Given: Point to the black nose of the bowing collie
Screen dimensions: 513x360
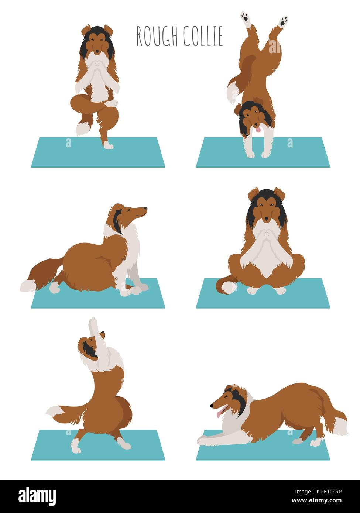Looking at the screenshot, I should tap(212, 406).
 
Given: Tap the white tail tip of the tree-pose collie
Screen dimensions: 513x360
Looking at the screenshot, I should tap(82, 128).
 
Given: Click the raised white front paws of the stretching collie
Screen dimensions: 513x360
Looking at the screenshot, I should tap(93, 324).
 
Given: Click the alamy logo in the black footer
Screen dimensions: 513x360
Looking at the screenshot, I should tap(37, 496).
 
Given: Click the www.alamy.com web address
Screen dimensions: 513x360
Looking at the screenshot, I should tap(316, 501).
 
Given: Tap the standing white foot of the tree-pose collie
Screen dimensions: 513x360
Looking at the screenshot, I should tap(108, 145).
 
